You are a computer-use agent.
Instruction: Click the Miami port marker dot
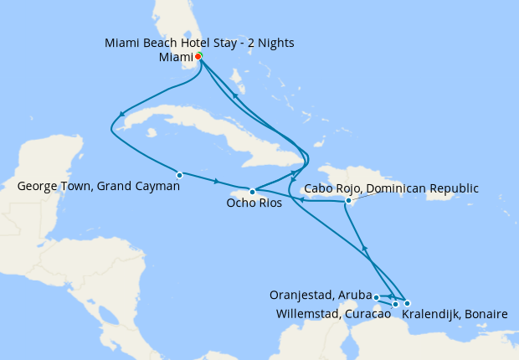point(198,57)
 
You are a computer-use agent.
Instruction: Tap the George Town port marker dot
point(180,175)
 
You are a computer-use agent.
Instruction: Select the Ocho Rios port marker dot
point(252,192)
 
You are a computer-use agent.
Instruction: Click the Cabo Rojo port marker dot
point(348,200)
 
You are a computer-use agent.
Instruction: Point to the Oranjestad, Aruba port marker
point(377,297)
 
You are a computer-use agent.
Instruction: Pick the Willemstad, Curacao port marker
point(395,305)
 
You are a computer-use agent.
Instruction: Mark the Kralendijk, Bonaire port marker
point(407,303)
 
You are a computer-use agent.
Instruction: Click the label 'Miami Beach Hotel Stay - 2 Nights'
point(199,43)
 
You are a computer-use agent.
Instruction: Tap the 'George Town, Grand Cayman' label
point(98,186)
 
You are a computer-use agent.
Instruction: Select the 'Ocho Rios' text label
point(254,203)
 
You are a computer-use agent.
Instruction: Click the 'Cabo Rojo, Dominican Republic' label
point(391,188)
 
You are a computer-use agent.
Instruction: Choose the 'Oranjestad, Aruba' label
point(321,296)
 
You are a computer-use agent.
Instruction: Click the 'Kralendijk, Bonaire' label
point(455,315)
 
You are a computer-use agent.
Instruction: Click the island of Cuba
point(209,134)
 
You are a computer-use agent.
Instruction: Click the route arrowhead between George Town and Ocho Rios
point(217,182)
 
